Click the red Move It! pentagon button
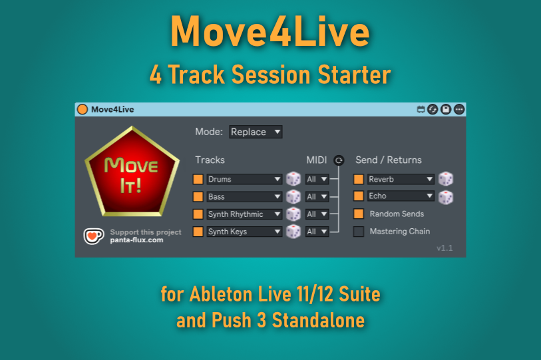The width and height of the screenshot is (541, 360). (132, 172)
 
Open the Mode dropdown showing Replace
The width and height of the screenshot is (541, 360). (256, 132)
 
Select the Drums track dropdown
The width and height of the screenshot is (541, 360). (244, 179)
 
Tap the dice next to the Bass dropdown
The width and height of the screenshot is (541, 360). (293, 197)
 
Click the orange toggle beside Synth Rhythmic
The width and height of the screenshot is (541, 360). (198, 214)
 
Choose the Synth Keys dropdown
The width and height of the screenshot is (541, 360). (244, 232)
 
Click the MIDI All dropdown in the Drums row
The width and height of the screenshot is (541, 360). (317, 179)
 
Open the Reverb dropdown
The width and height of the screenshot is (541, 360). (401, 179)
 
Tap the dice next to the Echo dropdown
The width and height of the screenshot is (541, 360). (446, 198)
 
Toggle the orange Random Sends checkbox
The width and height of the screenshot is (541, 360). (359, 214)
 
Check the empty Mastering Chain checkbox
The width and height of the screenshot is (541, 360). (359, 232)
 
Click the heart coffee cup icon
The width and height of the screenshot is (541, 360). (94, 236)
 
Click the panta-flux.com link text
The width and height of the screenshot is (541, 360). (136, 240)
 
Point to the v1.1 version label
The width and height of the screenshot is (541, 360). (445, 248)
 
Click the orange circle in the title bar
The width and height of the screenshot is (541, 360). (83, 109)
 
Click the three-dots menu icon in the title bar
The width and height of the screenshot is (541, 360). (459, 109)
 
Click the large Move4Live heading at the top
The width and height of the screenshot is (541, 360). (270, 31)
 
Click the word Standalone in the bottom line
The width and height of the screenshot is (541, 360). (319, 320)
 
